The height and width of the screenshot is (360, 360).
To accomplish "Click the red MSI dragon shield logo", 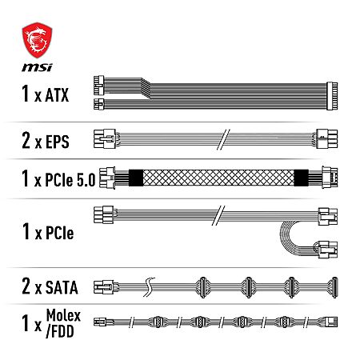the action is coord(37,40).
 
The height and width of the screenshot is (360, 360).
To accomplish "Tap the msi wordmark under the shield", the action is coord(37,67).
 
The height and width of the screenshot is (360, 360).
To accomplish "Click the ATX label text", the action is coord(57,94).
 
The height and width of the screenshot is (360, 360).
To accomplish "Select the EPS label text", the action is coord(58,142).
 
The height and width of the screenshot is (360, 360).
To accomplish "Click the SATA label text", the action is coord(62,287).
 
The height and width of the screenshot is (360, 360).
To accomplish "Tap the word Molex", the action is coord(63,316).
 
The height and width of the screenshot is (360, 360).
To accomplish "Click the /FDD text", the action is coord(60,331).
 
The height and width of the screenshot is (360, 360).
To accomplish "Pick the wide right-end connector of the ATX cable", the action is coord(332,96).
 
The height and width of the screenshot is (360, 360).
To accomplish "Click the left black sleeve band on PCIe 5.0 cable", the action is coord(136,178).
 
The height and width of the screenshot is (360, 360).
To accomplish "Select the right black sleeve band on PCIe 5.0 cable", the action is coord(302,178).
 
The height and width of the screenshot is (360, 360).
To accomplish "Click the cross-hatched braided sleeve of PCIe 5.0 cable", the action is coord(218,178).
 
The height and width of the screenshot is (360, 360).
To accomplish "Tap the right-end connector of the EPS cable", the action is coord(327,139).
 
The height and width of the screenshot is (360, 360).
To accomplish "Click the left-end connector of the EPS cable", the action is coord(105,139).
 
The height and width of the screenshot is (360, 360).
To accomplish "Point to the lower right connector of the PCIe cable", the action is coord(328,250).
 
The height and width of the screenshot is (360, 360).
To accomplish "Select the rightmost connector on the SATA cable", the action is coord(334,287).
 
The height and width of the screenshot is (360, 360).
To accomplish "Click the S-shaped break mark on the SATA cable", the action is coord(150,287).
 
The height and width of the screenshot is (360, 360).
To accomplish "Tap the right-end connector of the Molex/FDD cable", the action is coord(332,322).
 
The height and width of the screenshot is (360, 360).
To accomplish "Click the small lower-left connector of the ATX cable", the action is coord(99,104).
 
